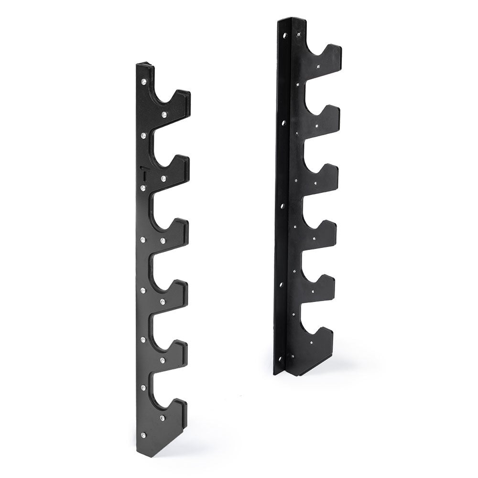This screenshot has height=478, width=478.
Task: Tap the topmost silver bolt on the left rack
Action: pos(144,83)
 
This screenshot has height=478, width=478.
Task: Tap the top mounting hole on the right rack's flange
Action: pos(285,35)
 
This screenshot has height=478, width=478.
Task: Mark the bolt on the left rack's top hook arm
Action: pos(164,114)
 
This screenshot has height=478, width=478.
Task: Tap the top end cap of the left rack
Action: pos(144,65)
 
